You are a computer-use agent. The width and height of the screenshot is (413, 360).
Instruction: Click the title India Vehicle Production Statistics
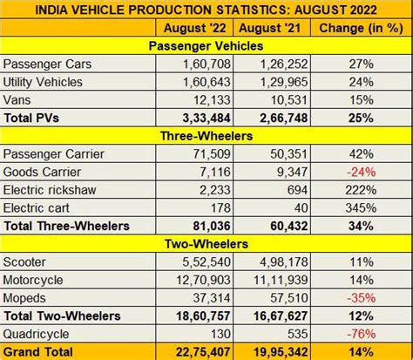(206, 9)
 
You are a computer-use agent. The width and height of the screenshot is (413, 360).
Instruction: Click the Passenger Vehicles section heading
(206, 45)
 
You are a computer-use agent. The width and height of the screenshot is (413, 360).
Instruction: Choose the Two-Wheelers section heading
(206, 244)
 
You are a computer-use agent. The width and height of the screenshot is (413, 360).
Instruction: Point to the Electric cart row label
(38, 208)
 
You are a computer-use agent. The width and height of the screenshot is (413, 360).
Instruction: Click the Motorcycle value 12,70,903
(205, 281)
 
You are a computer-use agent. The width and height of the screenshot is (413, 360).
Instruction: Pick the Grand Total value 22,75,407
(205, 351)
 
